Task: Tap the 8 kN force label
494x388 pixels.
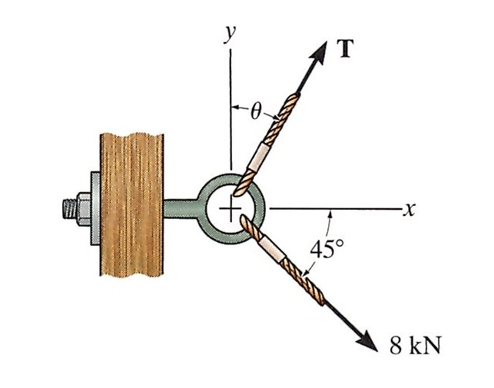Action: tap(415, 343)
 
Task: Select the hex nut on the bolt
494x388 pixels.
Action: tap(83, 208)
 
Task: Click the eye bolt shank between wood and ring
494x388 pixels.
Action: tap(181, 208)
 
